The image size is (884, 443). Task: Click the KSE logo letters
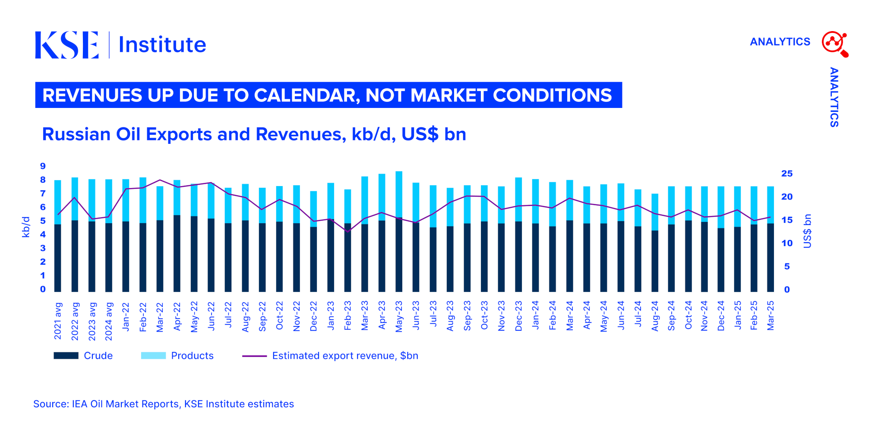coord(66,44)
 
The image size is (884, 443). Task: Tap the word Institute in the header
coord(162,44)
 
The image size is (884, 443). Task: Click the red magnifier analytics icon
coord(835,44)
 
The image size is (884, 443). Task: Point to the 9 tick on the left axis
coord(43,166)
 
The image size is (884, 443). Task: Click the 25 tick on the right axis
coord(787,174)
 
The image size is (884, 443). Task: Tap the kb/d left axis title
coord(26,227)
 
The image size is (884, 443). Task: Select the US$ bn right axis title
coord(807,231)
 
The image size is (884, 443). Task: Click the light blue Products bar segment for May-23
coord(399,194)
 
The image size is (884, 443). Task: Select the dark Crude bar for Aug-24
coord(655,261)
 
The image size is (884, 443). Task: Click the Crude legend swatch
coord(66,356)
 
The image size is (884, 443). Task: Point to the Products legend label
coord(192,356)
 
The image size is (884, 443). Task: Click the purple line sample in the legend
coord(254,356)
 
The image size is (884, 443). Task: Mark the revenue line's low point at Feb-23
coord(347,232)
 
